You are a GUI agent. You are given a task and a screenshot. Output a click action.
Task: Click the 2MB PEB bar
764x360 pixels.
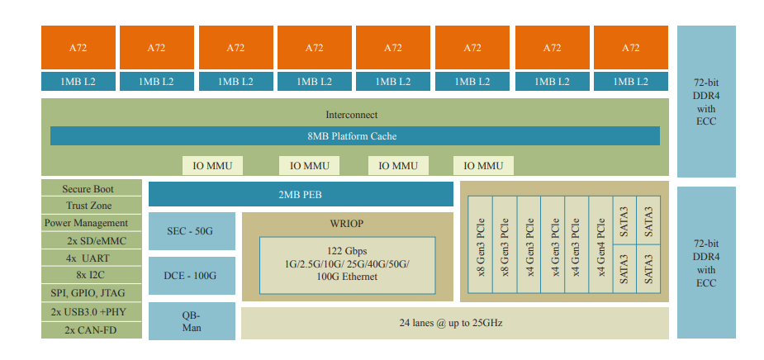pyautogui.click(x=301, y=194)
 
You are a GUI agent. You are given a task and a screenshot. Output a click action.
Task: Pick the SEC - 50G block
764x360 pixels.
pyautogui.click(x=191, y=231)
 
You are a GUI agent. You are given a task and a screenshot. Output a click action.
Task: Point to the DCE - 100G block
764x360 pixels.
pyautogui.click(x=191, y=276)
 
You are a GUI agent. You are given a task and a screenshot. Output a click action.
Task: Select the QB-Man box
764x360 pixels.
pyautogui.click(x=191, y=321)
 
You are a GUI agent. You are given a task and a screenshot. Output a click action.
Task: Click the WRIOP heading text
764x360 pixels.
pyautogui.click(x=347, y=224)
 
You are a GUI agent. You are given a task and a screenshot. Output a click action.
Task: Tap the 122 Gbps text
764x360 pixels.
pyautogui.click(x=347, y=249)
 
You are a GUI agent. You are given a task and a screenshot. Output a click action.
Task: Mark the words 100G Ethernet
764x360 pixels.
pyautogui.click(x=347, y=277)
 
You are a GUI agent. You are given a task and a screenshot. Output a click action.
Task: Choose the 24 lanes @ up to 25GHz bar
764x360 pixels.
pyautogui.click(x=454, y=323)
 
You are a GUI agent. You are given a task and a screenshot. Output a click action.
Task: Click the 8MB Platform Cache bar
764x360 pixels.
pyautogui.click(x=354, y=135)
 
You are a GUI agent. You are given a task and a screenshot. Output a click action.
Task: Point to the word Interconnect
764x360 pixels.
pyautogui.click(x=352, y=115)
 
